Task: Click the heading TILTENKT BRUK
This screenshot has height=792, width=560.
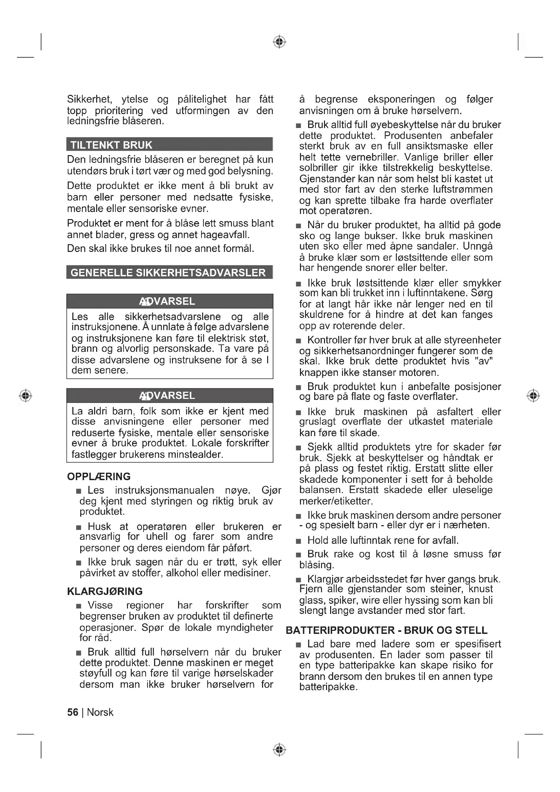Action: click(x=111, y=145)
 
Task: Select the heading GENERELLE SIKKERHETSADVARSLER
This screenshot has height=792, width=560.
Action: click(x=168, y=273)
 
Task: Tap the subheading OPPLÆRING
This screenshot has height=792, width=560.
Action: click(x=99, y=476)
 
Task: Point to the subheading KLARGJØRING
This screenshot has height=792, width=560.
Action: click(x=105, y=591)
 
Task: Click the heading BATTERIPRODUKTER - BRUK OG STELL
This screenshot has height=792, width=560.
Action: click(x=387, y=630)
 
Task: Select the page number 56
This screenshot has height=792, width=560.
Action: click(x=72, y=712)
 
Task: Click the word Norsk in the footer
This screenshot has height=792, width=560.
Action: click(x=100, y=712)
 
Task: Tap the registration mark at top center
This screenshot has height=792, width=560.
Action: click(x=280, y=42)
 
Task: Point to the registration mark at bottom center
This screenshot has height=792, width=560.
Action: click(x=280, y=750)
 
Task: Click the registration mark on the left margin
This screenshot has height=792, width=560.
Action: click(x=25, y=395)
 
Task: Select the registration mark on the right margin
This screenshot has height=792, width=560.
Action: click(x=533, y=395)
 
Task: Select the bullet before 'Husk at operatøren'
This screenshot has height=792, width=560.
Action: click(x=79, y=528)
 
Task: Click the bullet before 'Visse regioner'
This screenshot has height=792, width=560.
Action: click(x=79, y=606)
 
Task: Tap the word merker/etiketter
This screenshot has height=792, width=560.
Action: click(x=336, y=501)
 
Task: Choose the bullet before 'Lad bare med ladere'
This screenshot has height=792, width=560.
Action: click(x=298, y=645)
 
